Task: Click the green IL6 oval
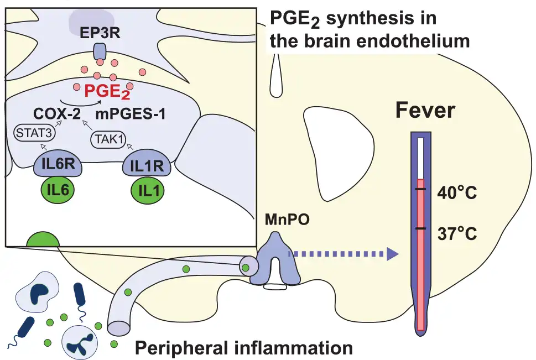pyautogui.click(x=58, y=189)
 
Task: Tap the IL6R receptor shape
pyautogui.click(x=58, y=165)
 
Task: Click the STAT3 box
pyautogui.click(x=28, y=133)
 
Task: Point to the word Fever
pyautogui.click(x=424, y=111)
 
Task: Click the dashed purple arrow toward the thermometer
pyautogui.click(x=343, y=254)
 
